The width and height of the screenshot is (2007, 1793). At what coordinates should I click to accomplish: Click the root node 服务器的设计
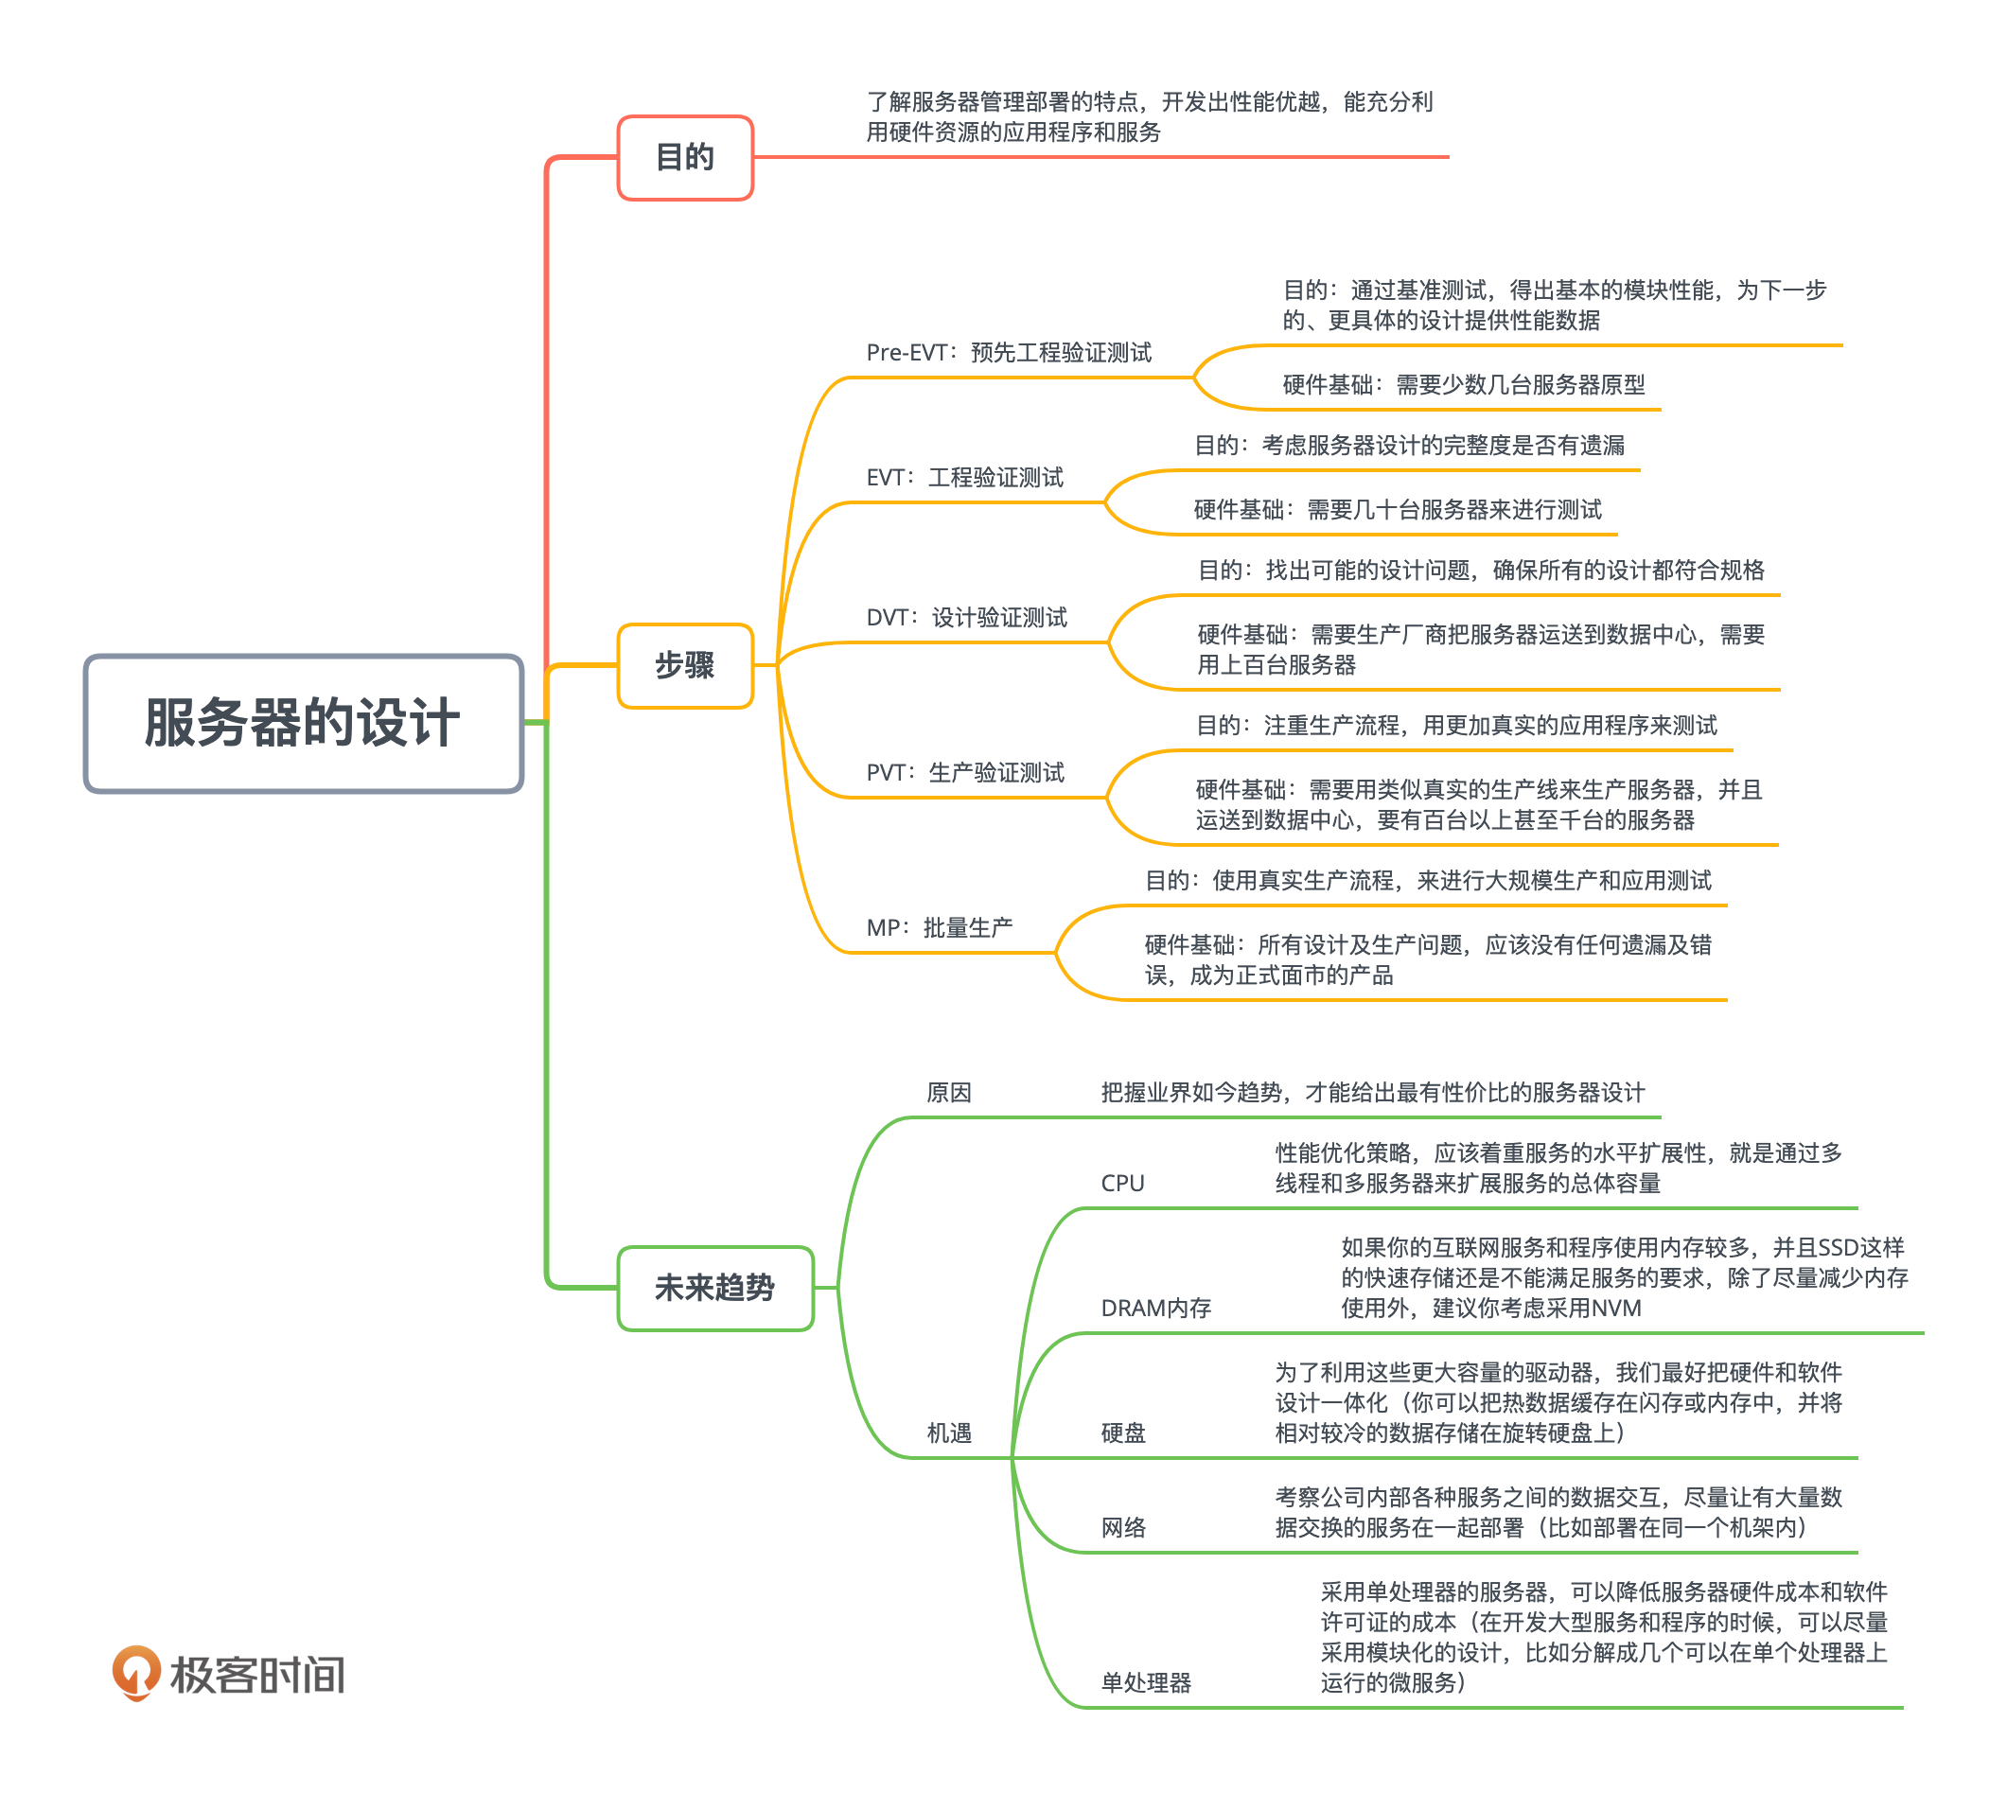pos(303,723)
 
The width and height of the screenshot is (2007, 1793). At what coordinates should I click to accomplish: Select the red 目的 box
pos(685,158)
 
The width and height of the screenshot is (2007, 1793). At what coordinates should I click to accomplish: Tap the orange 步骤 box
pos(685,666)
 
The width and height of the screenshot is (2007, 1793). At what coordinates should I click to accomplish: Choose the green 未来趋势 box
pos(714,1288)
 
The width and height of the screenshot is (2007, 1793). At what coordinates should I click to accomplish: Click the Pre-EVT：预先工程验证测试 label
pos(1008,353)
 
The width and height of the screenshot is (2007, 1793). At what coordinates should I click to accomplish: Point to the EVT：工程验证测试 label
pos(963,478)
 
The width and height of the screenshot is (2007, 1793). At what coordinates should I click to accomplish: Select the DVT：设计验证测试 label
pos(965,618)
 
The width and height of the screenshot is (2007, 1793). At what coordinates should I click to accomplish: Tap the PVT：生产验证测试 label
pos(963,772)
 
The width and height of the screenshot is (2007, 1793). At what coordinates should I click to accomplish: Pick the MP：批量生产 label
pos(938,927)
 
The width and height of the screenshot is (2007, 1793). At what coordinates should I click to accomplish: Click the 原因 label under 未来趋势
pos(948,1093)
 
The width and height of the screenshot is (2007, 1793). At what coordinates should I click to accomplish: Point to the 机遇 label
pos(948,1433)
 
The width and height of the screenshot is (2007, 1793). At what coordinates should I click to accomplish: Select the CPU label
pos(1122,1183)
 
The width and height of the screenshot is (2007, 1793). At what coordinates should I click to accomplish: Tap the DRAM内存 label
pos(1154,1309)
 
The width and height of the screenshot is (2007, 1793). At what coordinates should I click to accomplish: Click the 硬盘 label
pos(1122,1433)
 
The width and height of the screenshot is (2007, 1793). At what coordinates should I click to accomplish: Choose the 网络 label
pos(1122,1527)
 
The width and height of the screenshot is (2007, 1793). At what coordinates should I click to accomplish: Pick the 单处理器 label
pos(1145,1681)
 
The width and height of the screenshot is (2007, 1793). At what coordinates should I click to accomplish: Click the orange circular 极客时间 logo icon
pos(136,1672)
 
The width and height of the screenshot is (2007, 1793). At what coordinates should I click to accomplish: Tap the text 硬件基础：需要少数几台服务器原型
pos(1463,385)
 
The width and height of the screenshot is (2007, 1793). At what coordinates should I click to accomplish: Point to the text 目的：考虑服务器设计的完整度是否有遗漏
pos(1409,446)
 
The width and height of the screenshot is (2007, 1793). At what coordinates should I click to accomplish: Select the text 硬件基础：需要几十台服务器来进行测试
pos(1397,509)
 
